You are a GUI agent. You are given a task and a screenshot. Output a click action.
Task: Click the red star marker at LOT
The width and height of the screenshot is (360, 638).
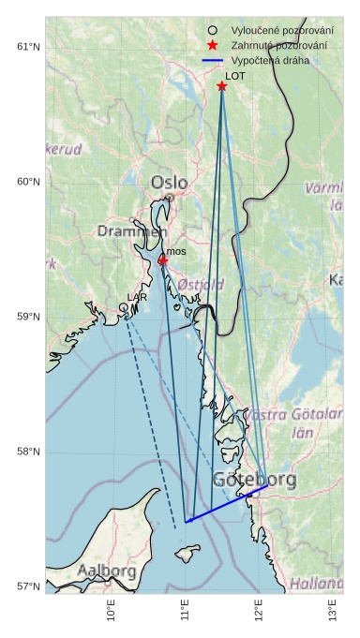pos(222,86)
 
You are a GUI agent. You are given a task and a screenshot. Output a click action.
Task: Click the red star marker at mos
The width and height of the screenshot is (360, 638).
pos(162,260)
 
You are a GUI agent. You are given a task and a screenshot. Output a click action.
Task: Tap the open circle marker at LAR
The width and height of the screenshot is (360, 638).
pos(123,307)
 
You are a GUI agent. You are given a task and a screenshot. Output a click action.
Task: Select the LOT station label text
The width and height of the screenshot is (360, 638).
pos(234,76)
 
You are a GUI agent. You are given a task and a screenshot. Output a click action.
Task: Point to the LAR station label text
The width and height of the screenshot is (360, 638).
pos(137,297)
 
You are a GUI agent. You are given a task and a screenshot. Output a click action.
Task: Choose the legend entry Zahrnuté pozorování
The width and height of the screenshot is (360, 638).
pos(273,45)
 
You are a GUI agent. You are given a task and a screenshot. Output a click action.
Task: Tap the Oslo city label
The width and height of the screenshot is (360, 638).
pos(169,182)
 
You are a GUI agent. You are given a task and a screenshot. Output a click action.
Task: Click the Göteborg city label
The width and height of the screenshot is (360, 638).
pos(254,480)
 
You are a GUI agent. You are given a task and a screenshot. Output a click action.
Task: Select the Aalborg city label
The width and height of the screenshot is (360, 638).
pos(107,570)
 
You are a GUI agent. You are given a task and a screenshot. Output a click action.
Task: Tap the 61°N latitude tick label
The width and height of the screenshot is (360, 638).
pos(28,47)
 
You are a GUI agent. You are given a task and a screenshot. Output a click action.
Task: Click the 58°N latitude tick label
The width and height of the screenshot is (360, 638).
pos(28,452)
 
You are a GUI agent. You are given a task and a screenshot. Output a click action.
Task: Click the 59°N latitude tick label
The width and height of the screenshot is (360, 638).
pos(28,317)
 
